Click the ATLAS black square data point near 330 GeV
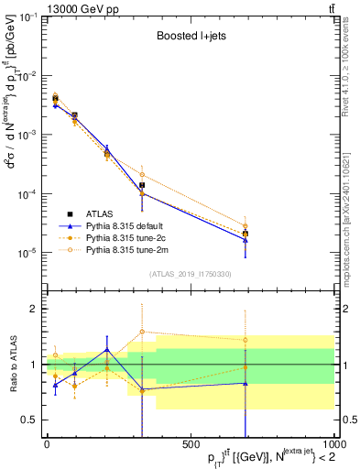point(142,185)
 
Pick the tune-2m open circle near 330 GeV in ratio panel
point(142,332)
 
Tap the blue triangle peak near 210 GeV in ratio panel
point(106,349)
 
